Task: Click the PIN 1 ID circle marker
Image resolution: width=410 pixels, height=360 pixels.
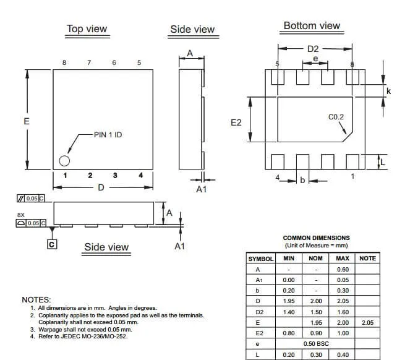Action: coord(64,161)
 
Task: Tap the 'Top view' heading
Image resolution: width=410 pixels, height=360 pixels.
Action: coord(87,29)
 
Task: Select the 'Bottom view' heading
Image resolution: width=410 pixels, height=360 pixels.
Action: coord(312,25)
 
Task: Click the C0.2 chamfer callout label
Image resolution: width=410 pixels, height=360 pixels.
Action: coord(336,117)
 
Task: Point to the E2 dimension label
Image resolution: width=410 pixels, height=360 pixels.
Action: coord(236,122)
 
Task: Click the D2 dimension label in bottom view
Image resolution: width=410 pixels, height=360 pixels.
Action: coord(313,49)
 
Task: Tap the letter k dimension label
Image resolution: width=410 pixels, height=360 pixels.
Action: coord(388,91)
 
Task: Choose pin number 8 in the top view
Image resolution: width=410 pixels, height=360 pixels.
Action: coord(64,62)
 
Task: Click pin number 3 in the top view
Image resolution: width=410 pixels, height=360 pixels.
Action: coord(115,175)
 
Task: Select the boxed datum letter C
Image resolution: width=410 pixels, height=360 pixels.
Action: coord(52,244)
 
